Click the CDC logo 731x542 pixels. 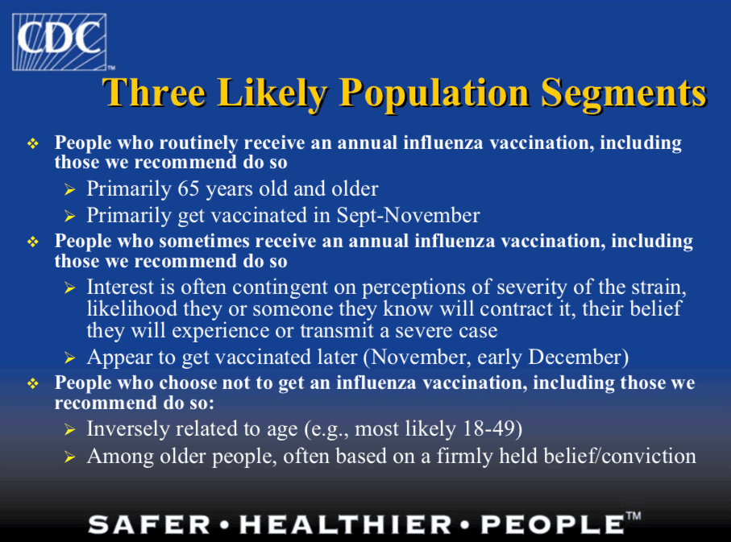60,42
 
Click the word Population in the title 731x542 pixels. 434,93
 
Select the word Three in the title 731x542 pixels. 154,93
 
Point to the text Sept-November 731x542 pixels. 408,215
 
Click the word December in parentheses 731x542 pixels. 578,358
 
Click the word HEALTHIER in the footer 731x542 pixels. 345,524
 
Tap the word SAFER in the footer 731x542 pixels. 149,524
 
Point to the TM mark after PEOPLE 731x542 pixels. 633,516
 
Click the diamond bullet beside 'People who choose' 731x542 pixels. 32,383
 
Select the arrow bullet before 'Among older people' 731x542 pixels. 70,457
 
